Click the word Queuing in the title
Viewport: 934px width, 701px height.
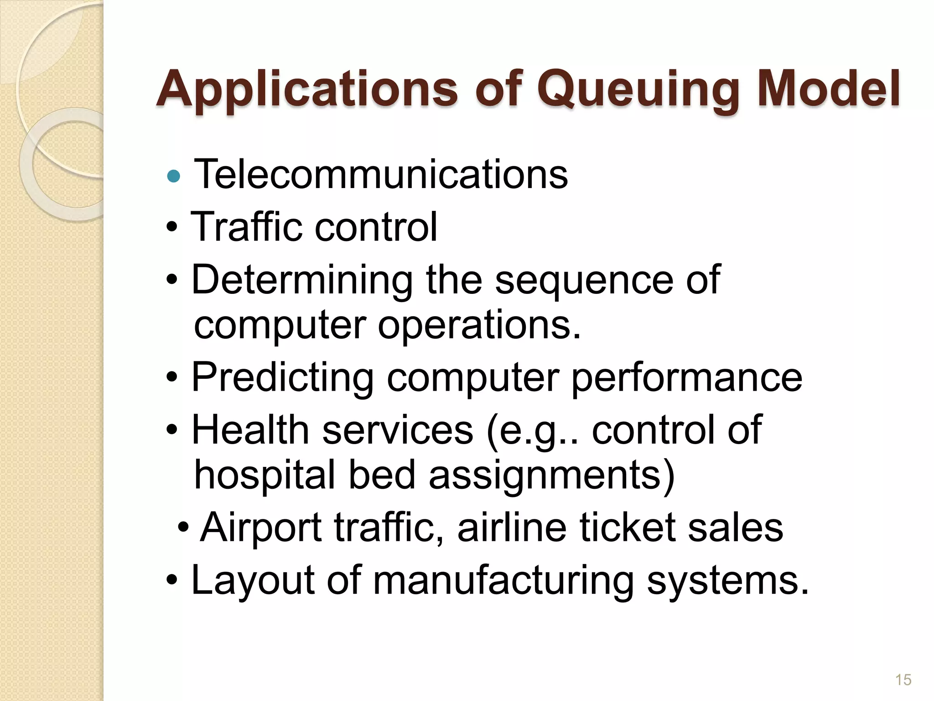(638, 89)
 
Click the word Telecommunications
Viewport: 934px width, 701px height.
(381, 174)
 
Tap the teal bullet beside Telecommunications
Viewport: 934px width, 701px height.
(174, 176)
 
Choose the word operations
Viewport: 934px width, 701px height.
(479, 325)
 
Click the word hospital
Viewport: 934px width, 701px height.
(265, 475)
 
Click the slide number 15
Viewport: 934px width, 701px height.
(903, 680)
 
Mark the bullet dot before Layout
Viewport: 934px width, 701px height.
(172, 581)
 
